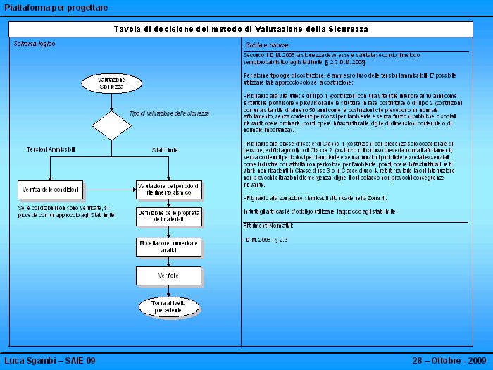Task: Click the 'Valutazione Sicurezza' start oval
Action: click(x=111, y=83)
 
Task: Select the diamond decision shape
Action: click(x=111, y=126)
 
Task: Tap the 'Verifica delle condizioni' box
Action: click(x=51, y=190)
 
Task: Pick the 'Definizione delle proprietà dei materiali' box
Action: click(x=169, y=216)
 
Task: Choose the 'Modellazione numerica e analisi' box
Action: click(x=169, y=246)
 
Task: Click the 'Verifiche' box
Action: click(x=169, y=276)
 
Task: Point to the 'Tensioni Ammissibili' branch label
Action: click(x=51, y=149)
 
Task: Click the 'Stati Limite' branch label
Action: click(x=165, y=150)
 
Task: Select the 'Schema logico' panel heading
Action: click(x=35, y=44)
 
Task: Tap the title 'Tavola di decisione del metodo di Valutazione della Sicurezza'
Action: click(x=241, y=29)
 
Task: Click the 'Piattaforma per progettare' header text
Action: click(x=56, y=7)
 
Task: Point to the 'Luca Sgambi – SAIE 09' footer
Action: click(x=50, y=361)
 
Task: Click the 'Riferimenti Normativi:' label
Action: click(x=268, y=226)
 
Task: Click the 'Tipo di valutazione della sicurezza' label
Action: click(x=169, y=113)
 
